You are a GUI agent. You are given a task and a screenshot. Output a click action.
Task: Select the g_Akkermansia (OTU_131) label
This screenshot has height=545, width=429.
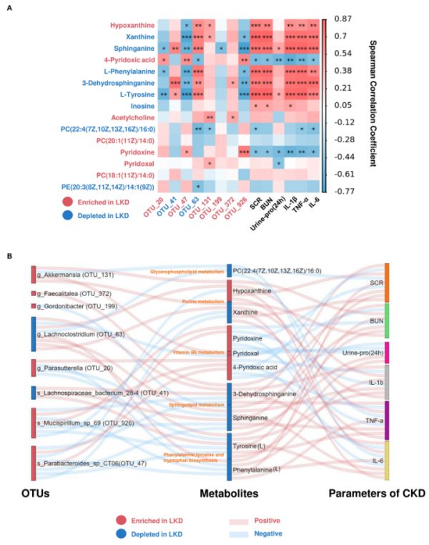pyautogui.click(x=69, y=273)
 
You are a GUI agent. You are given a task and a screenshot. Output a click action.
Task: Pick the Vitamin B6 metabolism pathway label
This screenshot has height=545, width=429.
pyautogui.click(x=189, y=352)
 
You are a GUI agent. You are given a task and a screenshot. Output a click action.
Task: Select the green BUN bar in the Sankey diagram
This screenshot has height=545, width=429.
pyautogui.click(x=386, y=320)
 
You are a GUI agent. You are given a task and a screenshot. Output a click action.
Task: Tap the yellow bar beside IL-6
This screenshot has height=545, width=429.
pyautogui.click(x=386, y=461)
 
